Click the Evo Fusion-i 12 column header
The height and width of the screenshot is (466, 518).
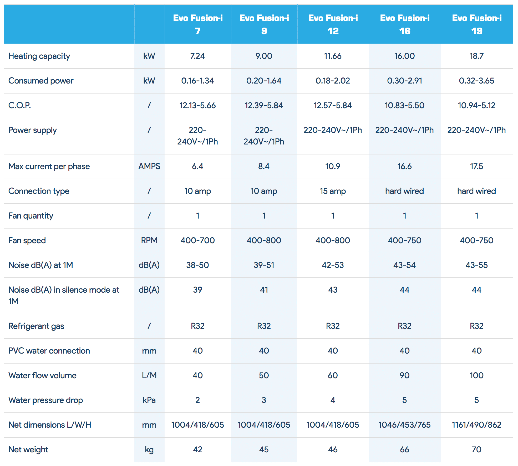(x=333, y=24)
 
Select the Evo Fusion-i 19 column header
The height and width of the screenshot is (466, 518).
(x=477, y=24)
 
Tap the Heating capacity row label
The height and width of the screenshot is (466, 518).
(x=39, y=56)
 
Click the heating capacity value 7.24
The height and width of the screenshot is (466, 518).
(x=197, y=56)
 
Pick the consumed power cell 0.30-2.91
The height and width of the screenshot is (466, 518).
(x=404, y=81)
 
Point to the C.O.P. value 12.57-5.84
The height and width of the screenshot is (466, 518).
(x=333, y=105)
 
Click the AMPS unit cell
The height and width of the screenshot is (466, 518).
(x=149, y=166)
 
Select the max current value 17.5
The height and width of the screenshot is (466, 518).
(x=476, y=166)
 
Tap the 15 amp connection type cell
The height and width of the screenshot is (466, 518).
(x=333, y=191)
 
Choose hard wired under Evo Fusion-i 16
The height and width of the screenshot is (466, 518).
(x=404, y=191)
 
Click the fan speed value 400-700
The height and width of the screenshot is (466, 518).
(x=197, y=240)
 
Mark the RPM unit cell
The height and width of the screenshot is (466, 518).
(x=149, y=240)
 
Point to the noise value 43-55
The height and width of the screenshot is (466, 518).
(x=476, y=265)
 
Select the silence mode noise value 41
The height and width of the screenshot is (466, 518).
(x=264, y=290)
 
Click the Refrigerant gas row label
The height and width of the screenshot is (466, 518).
(x=36, y=326)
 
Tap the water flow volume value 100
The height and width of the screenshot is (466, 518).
(x=476, y=375)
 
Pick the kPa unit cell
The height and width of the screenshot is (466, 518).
(x=149, y=400)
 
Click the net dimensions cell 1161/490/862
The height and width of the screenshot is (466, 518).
(x=476, y=425)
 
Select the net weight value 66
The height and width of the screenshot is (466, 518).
(x=404, y=449)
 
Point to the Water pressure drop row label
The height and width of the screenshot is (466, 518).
(x=45, y=400)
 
